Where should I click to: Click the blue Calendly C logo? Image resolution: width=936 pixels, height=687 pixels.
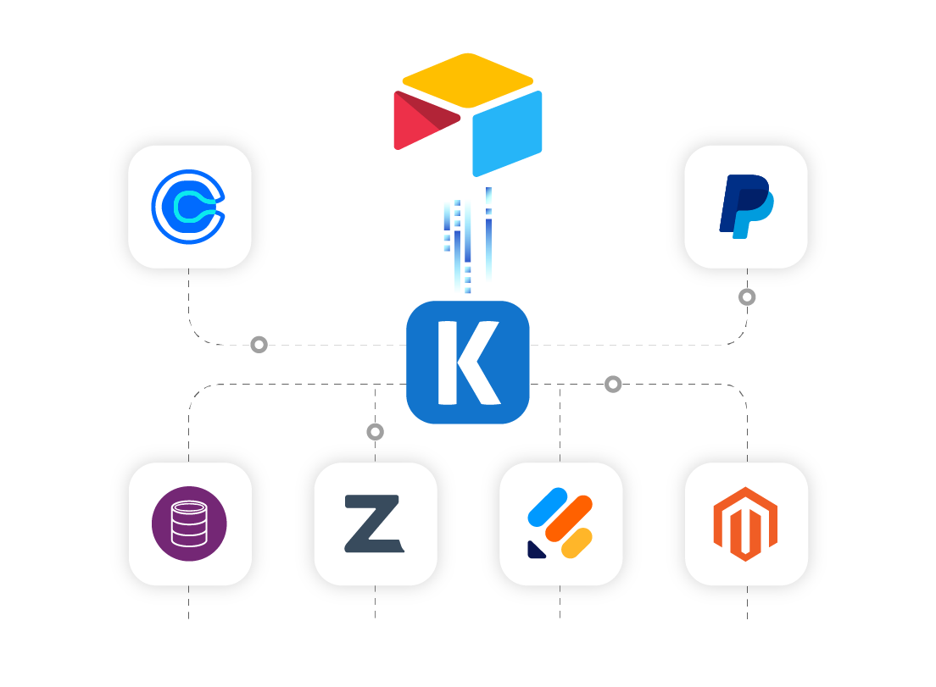pos(188,203)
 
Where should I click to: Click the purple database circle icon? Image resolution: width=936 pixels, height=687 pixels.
pos(189,524)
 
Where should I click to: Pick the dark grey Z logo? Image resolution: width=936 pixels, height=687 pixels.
pos(373,524)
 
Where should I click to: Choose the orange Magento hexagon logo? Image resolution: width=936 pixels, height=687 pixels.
pos(745,524)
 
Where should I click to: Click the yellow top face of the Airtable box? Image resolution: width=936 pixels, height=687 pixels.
pos(467,80)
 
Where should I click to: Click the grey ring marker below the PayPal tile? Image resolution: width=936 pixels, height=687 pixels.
pos(747,296)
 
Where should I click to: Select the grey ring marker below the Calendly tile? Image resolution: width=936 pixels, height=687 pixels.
pos(259,345)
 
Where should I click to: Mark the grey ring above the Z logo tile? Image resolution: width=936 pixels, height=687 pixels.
pos(375,432)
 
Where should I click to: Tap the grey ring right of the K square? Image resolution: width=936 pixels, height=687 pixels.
pos(613,384)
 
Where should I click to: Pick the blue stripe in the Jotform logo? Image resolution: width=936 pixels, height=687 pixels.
pos(548,507)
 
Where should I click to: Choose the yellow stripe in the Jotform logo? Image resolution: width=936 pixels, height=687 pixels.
pos(577,543)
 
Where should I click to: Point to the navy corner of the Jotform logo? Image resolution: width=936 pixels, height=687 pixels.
pos(536,549)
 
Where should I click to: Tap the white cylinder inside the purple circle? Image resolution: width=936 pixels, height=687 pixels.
pos(189,524)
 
